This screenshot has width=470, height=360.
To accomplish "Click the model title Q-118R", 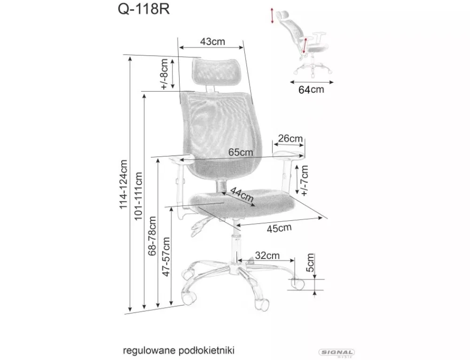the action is [143, 9].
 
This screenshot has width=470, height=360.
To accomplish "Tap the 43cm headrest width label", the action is [212, 41].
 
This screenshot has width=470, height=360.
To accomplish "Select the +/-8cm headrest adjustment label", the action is [164, 74].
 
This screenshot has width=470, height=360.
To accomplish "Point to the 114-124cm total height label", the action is [124, 184].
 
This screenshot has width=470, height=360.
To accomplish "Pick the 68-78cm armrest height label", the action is [152, 235].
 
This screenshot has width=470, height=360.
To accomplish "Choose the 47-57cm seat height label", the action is [166, 257].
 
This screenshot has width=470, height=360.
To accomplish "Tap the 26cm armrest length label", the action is [290, 138].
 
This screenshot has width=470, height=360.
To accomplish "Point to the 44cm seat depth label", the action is [242, 194].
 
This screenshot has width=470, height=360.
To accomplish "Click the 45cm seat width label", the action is [279, 228].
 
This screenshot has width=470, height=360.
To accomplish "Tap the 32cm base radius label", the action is [267, 255].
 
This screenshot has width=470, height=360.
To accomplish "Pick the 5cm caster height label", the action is [311, 262].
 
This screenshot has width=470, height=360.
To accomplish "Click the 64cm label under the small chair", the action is [311, 89].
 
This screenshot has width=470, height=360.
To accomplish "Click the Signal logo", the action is [337, 353].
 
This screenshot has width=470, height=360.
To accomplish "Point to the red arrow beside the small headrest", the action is [272, 16].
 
